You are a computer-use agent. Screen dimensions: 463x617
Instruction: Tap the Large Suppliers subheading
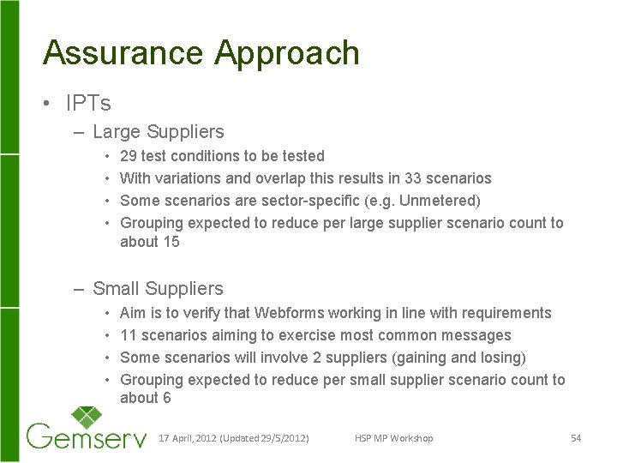pos(158,132)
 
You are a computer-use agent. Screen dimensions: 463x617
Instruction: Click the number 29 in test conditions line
pos(129,156)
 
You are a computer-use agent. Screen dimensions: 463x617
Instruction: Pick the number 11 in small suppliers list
pos(129,335)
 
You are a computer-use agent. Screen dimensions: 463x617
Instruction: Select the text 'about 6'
pos(145,398)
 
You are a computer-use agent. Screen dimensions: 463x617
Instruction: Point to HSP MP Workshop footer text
pos(393,438)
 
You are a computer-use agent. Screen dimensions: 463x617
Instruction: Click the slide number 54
pos(576,438)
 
